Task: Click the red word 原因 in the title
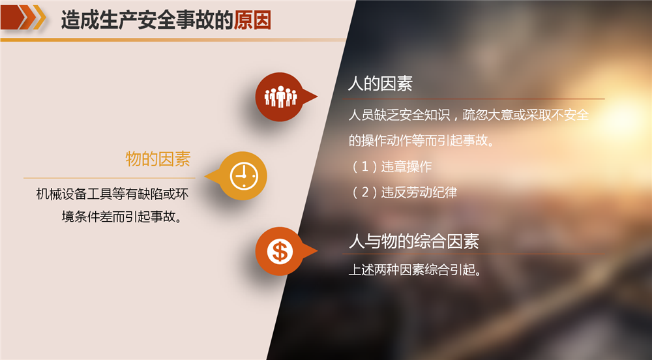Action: coord(252,20)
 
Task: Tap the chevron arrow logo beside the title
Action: coord(23,18)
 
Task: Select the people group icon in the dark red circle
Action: coord(280,97)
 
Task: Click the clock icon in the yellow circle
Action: coord(244,176)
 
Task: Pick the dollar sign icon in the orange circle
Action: coord(280,252)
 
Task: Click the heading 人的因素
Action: coord(381,83)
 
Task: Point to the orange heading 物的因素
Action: coord(158,158)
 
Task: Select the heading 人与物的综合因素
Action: coord(414,241)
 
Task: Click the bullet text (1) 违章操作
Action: coord(392,167)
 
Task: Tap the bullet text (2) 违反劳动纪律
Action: coord(404,192)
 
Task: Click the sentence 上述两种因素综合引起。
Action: coord(415,270)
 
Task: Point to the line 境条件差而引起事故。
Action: coord(123,217)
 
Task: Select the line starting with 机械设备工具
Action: coord(112,194)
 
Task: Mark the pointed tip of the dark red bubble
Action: coord(318,97)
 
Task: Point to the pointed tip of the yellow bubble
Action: coord(205,176)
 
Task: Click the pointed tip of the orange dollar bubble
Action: coord(318,251)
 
